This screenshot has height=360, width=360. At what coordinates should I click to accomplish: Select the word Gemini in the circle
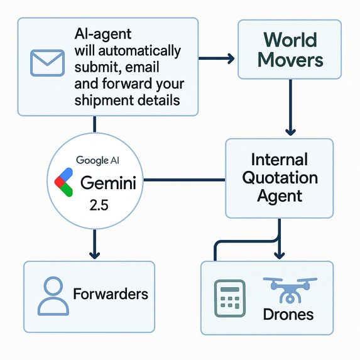[112, 183]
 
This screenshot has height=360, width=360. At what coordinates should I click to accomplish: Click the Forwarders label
[111, 293]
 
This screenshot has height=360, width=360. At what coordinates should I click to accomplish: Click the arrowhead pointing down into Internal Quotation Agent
[290, 132]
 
